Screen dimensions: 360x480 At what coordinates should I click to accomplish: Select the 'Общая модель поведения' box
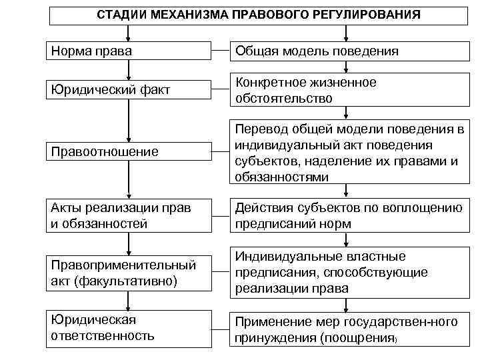coord(347,51)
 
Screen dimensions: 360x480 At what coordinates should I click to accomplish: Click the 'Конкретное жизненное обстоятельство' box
coord(347,90)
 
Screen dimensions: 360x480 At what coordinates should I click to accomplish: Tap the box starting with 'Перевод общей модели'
coord(347,152)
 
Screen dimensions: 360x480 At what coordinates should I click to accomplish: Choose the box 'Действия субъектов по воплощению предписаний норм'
coord(347,215)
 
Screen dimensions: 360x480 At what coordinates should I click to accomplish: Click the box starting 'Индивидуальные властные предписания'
coord(347,273)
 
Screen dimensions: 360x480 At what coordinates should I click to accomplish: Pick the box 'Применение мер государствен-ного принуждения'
coord(347,329)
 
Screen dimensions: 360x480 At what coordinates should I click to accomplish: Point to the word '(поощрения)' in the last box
coord(361,338)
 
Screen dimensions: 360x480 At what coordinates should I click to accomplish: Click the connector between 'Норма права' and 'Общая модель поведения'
coord(220,51)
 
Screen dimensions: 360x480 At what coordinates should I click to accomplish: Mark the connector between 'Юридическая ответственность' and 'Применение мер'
coord(220,328)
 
